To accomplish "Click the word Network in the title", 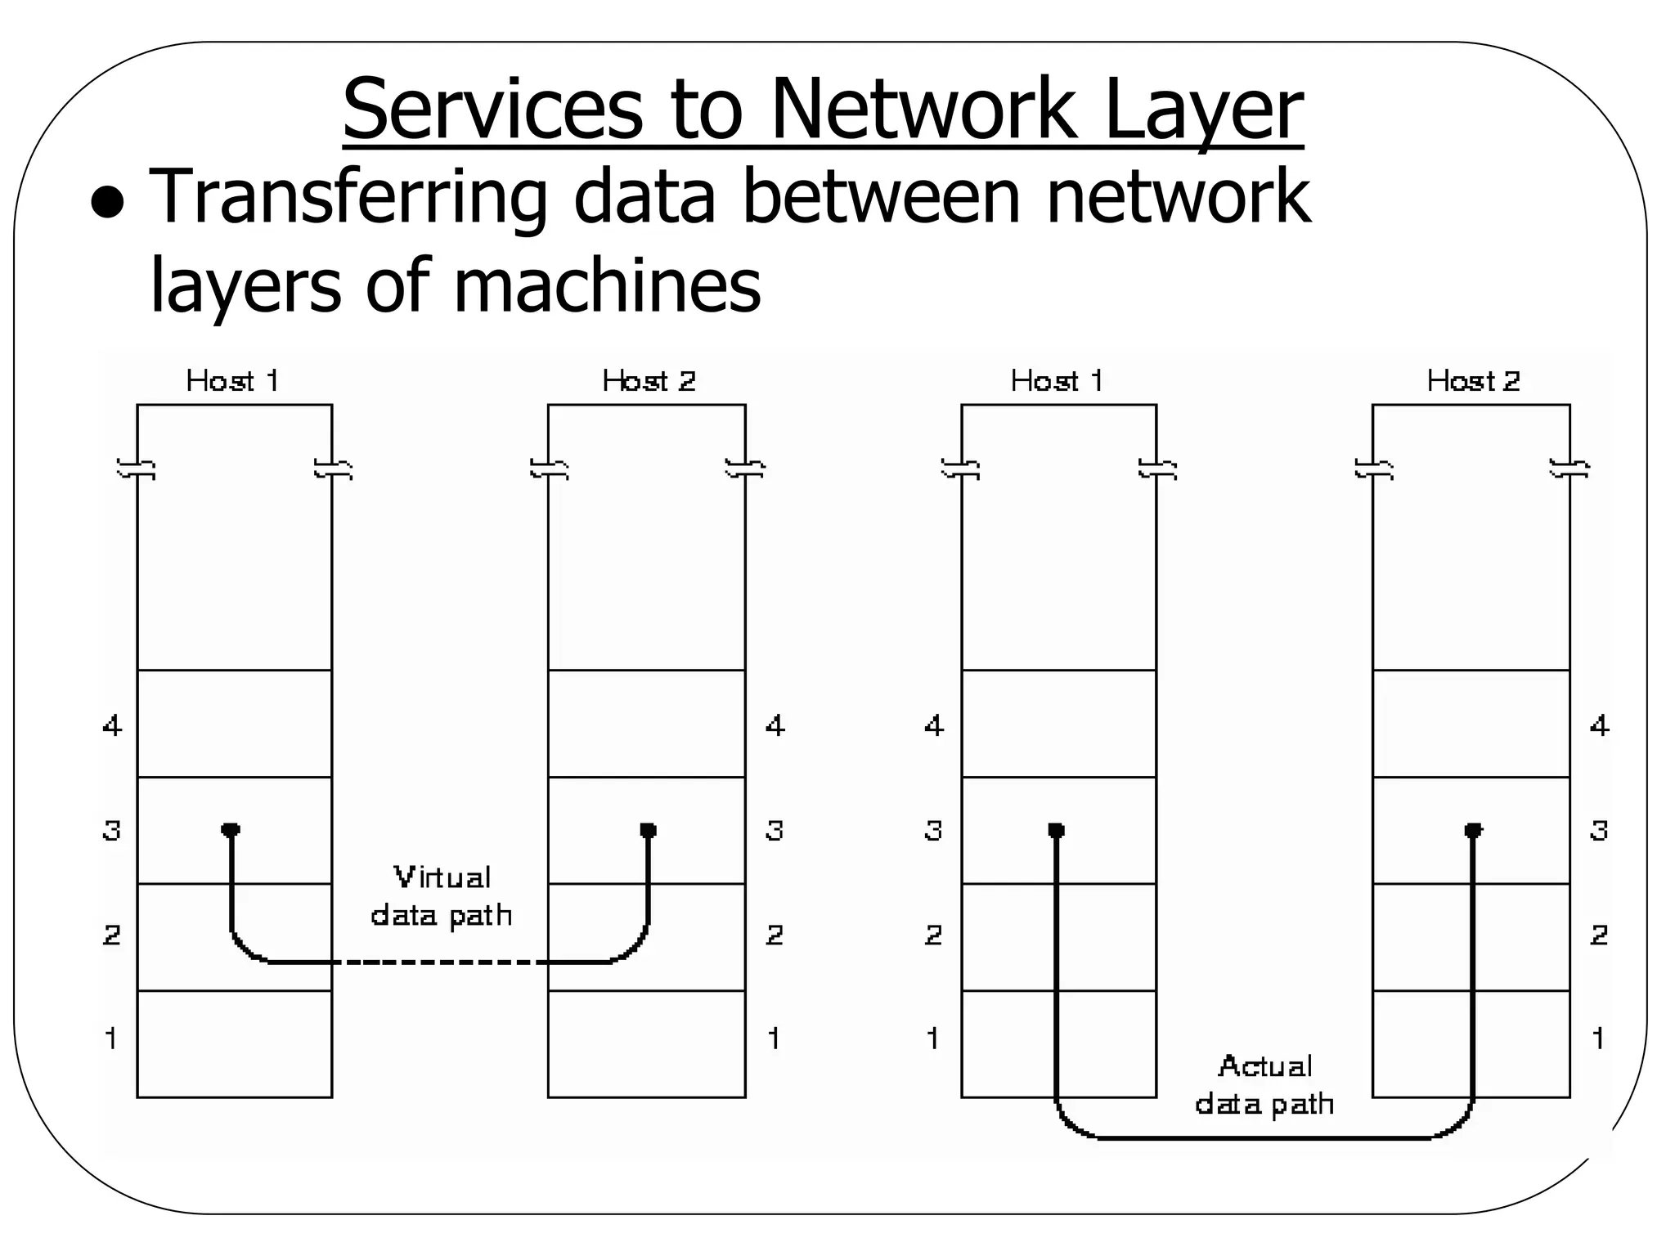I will tap(922, 110).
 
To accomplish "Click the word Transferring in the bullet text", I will tap(347, 197).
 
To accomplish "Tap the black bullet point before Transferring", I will tap(107, 204).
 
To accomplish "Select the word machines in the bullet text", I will tap(606, 285).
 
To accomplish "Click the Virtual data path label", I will tap(442, 896).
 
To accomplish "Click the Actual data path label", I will tap(1264, 1085).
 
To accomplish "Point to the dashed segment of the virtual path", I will tap(442, 962).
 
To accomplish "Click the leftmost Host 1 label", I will tap(233, 381).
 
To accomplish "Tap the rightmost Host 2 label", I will tap(1473, 381).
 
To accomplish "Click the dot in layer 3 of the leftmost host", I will tap(231, 830).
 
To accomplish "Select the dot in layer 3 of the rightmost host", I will tap(1473, 830).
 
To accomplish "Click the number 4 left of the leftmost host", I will tap(112, 725).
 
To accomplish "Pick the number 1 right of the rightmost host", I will tap(1598, 1038).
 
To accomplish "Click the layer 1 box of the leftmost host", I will tap(234, 1043).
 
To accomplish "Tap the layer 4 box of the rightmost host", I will tap(1471, 724).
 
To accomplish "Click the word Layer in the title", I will tap(1202, 110).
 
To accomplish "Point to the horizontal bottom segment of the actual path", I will tap(1264, 1137).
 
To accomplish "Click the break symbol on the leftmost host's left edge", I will tap(137, 469).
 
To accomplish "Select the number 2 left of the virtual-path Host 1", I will tap(112, 935).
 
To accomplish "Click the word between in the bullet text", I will tap(880, 197).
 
